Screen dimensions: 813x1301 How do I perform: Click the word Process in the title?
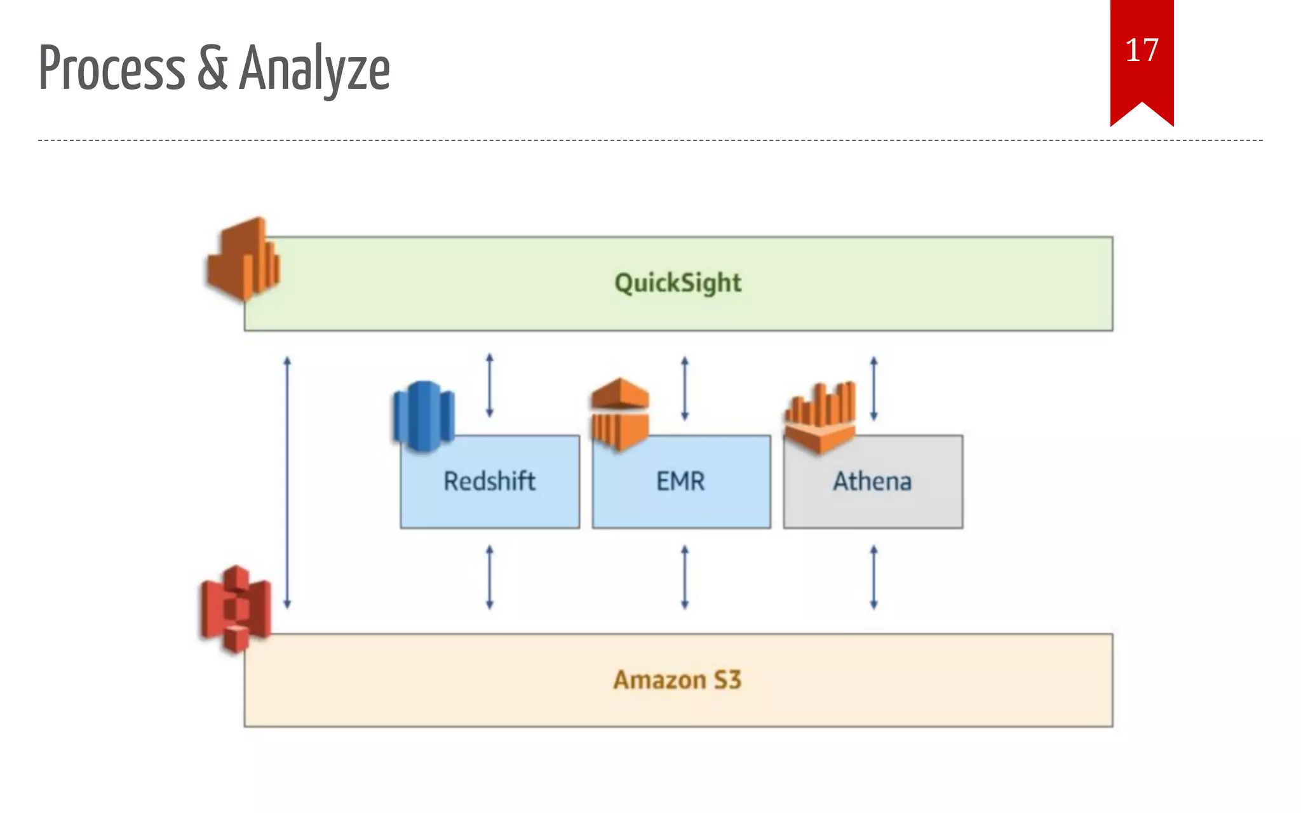(x=112, y=68)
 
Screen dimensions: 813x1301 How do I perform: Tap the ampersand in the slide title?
(x=212, y=68)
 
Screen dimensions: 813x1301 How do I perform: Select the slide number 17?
(x=1142, y=50)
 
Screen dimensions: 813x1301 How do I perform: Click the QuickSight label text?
(x=678, y=283)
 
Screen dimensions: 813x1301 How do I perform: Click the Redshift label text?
(x=489, y=481)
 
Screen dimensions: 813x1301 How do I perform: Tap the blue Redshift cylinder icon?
(x=424, y=415)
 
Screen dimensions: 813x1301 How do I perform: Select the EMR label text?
(x=680, y=481)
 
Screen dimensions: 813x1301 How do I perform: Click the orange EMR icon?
(x=620, y=413)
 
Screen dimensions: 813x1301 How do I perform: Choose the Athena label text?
(x=872, y=481)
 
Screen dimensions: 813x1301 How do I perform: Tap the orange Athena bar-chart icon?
(x=820, y=417)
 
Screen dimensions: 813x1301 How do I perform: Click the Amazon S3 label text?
(x=677, y=680)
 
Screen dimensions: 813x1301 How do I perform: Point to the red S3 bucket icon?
(x=236, y=608)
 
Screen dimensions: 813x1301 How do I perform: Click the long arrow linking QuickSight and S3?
(x=287, y=483)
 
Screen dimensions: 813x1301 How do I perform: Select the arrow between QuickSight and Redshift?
(x=489, y=386)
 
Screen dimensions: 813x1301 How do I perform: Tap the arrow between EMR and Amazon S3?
(x=684, y=577)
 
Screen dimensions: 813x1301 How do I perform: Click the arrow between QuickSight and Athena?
(x=873, y=388)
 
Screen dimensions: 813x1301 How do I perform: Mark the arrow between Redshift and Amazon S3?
(x=489, y=577)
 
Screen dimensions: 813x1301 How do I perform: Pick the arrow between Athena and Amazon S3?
(x=873, y=577)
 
